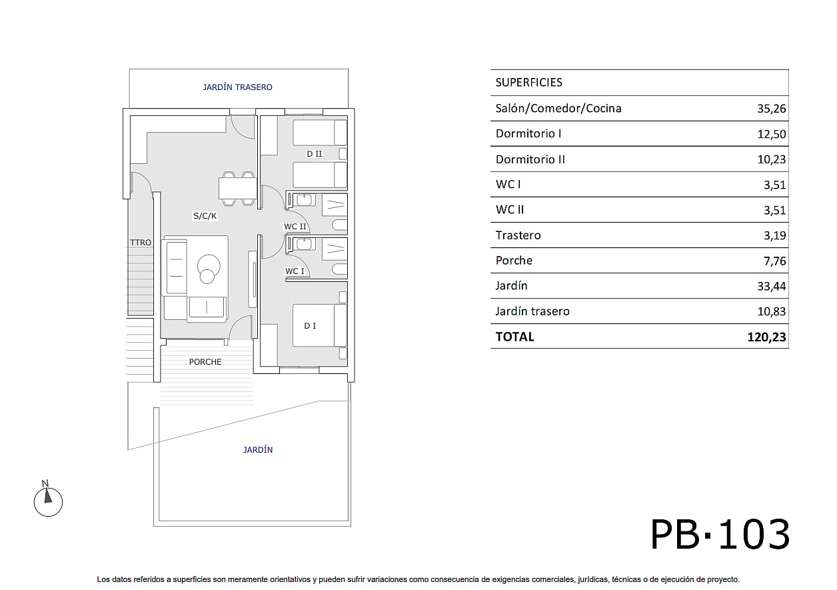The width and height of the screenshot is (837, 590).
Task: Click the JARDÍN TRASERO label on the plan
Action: click(237, 87)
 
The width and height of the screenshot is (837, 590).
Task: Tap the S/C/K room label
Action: click(205, 216)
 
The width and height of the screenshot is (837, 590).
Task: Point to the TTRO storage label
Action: click(141, 242)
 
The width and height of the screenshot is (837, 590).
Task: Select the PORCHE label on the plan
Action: click(205, 361)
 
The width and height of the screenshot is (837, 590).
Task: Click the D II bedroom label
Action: click(315, 154)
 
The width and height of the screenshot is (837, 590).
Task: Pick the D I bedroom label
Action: click(310, 326)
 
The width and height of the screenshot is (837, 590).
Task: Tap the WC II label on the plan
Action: click(295, 226)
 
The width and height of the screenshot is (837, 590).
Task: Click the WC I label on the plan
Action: click(295, 271)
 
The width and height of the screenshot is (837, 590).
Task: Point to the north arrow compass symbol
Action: click(48, 500)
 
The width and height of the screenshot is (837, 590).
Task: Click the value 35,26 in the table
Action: click(771, 109)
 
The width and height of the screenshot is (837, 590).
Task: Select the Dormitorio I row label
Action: click(528, 133)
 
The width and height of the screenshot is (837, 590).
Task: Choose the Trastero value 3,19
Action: click(774, 235)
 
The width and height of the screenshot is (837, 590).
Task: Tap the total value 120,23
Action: click(766, 337)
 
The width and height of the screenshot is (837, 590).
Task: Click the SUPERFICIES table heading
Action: click(528, 82)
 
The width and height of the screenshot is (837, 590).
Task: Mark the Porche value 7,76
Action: click(774, 261)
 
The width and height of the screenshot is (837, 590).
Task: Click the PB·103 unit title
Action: click(720, 535)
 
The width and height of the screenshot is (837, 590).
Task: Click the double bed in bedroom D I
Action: click(319, 325)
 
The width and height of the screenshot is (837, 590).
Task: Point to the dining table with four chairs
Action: click(238, 189)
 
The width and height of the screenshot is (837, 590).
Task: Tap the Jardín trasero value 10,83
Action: click(771, 311)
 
